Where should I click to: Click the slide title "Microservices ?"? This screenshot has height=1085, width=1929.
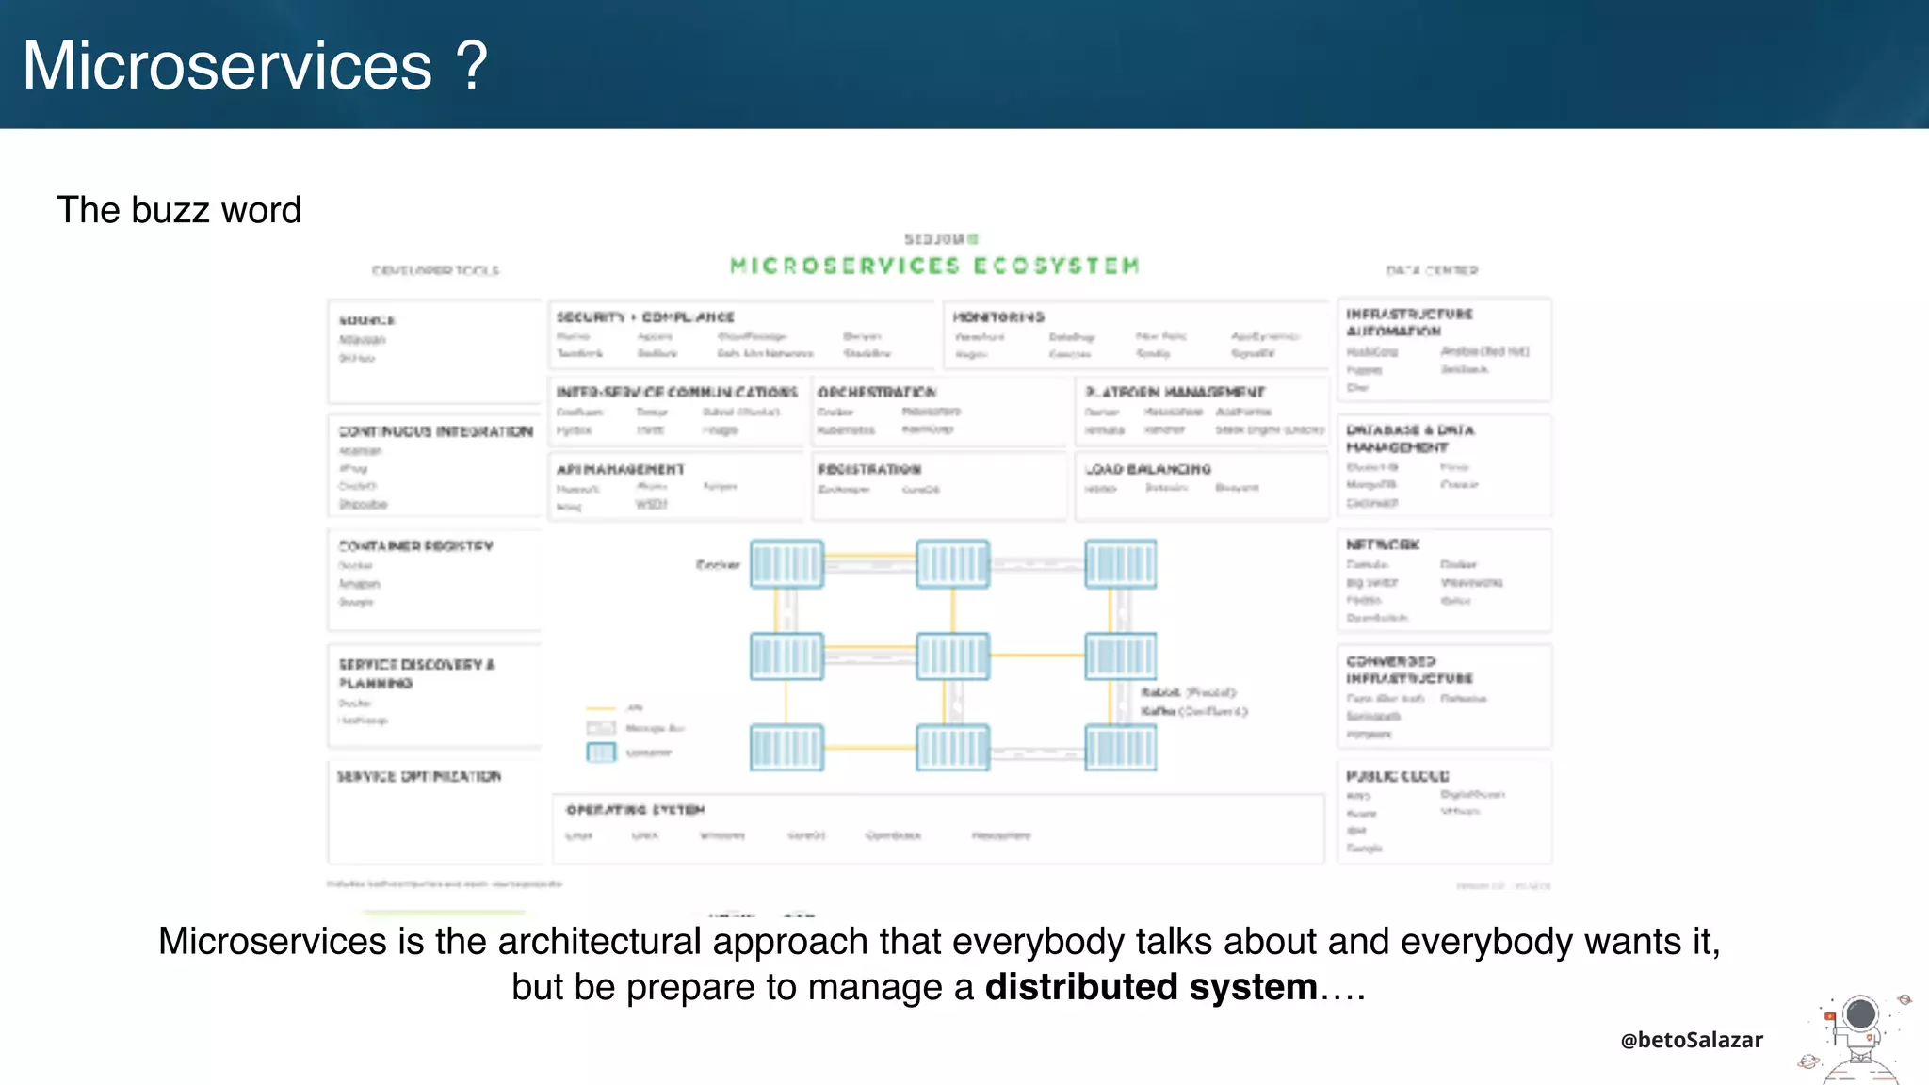click(x=255, y=66)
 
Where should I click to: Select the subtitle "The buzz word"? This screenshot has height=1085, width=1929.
click(x=179, y=210)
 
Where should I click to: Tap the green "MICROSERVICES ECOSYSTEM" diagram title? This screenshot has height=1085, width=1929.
click(x=935, y=266)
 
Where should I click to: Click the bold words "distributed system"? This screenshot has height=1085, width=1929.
click(x=1151, y=987)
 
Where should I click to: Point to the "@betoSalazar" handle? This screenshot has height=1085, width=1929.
click(x=1692, y=1040)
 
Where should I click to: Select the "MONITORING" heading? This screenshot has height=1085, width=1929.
click(x=998, y=317)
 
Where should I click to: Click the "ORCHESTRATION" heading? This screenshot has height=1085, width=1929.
click(x=877, y=392)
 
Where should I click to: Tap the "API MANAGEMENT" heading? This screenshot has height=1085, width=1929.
click(x=620, y=469)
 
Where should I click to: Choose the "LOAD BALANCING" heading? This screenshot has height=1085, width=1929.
click(x=1147, y=469)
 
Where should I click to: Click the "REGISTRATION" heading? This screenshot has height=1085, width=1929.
click(x=869, y=469)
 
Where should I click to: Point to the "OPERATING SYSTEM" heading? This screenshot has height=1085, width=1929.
click(x=635, y=810)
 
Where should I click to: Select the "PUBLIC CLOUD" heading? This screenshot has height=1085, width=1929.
click(x=1398, y=776)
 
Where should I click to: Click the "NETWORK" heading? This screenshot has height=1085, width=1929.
click(x=1383, y=544)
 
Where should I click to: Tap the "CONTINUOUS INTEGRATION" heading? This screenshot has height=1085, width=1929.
click(x=436, y=431)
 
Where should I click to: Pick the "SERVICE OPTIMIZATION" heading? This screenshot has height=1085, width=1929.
click(x=419, y=776)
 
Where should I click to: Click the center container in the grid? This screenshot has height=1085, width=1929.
click(x=953, y=656)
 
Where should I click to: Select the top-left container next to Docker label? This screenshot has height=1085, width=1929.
click(x=787, y=564)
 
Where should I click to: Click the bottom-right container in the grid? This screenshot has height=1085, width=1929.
click(x=1121, y=748)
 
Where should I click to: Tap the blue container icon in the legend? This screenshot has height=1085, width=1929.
click(x=601, y=753)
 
